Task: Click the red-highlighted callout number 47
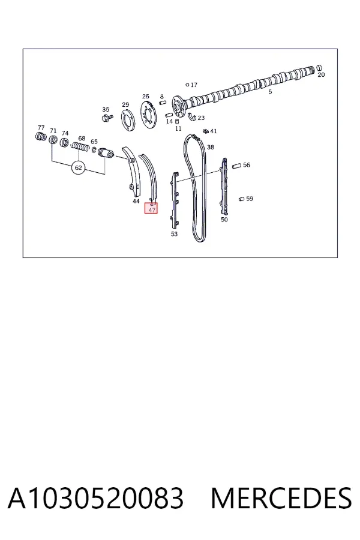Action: (151, 209)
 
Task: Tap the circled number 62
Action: (79, 168)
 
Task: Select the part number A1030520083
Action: (96, 499)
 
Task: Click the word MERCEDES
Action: (281, 499)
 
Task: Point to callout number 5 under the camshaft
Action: (270, 92)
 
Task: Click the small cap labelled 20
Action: (319, 67)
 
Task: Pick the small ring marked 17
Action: (187, 85)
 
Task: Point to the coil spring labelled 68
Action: (80, 147)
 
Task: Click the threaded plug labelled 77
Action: (41, 136)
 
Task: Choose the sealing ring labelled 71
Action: (53, 139)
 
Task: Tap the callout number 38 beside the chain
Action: (211, 147)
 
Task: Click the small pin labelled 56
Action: (236, 166)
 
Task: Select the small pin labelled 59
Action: (241, 199)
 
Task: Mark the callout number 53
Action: (175, 234)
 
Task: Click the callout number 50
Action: (224, 220)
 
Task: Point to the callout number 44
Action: (136, 201)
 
